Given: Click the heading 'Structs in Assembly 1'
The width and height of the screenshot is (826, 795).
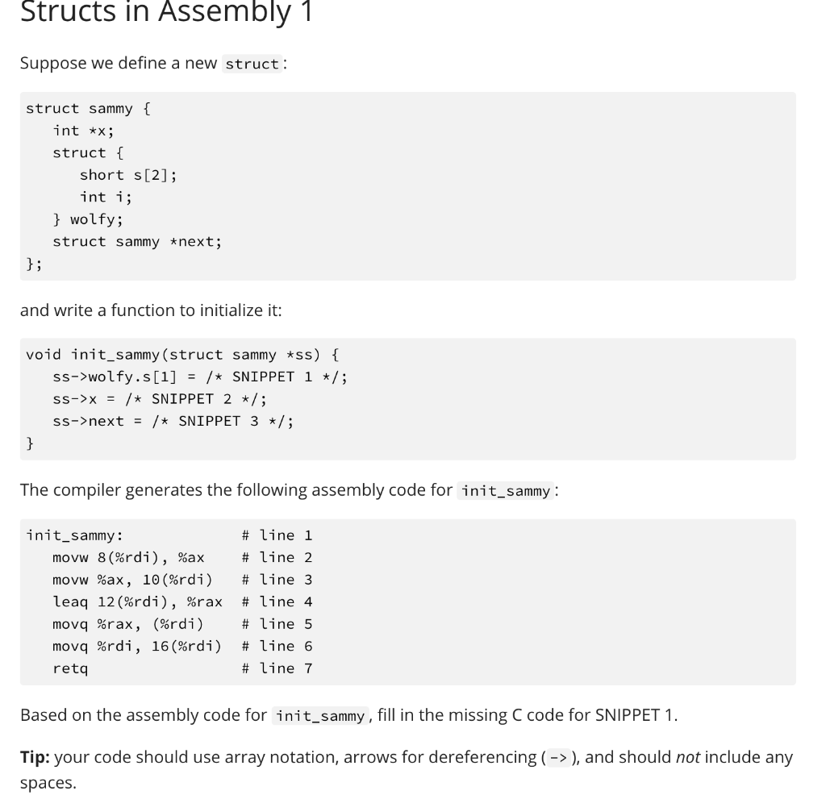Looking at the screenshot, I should point(166,12).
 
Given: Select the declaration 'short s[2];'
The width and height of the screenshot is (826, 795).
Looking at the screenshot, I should point(128,175).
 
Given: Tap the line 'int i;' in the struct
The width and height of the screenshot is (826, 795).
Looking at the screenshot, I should point(106,197).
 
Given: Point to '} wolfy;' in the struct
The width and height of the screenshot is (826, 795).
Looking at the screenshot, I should point(88,219).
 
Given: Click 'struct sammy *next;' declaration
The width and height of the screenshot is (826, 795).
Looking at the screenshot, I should point(137,241).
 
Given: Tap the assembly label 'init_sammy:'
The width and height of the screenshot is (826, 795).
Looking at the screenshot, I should point(74,535).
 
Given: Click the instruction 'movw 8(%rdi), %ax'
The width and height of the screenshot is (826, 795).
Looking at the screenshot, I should point(128,557).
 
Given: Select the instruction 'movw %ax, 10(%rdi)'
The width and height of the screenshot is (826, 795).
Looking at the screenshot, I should point(132,580).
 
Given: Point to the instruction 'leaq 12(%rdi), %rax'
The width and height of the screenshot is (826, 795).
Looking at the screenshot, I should point(137,601).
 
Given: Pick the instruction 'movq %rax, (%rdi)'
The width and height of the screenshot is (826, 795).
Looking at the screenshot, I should point(128,624).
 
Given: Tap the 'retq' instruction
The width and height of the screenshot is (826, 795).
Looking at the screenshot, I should point(70,668).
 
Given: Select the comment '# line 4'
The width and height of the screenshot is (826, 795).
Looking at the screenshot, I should point(277,601).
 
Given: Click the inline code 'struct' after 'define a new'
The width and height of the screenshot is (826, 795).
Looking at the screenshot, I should point(252,64).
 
